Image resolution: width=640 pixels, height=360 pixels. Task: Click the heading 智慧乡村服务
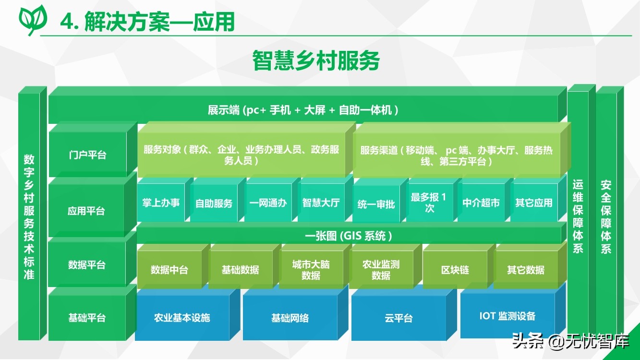click(316, 60)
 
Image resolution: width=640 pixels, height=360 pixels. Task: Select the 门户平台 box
click(88, 154)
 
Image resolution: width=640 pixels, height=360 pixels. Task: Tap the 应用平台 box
click(86, 211)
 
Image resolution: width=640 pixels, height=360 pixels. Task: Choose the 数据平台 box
click(86, 264)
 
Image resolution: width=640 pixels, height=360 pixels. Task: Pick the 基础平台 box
click(87, 317)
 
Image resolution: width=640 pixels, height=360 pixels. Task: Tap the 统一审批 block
click(376, 204)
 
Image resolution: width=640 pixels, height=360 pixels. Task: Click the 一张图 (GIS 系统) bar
click(349, 236)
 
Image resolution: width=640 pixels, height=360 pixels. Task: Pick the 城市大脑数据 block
click(311, 270)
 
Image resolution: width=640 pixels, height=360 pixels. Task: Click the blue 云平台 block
click(399, 318)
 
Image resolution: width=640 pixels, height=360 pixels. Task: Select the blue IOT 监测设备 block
click(507, 316)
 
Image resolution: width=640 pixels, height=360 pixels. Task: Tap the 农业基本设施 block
click(182, 318)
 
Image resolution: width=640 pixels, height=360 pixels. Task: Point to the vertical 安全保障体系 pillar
click(606, 216)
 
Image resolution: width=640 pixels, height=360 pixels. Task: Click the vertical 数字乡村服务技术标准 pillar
click(29, 216)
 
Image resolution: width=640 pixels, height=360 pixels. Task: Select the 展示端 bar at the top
click(303, 110)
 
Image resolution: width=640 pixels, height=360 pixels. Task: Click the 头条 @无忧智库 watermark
click(570, 341)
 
